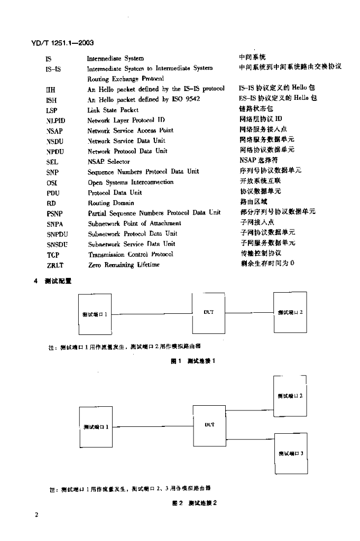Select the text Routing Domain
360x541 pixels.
coord(111,203)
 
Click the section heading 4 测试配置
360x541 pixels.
coord(52,282)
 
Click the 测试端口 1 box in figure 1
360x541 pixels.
coord(95,314)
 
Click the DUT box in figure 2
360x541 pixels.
coord(209,424)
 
